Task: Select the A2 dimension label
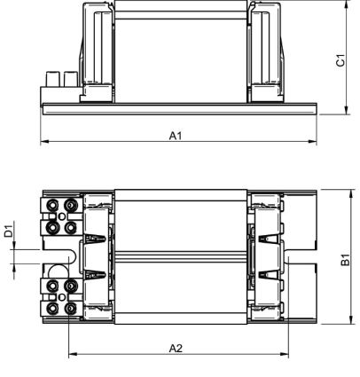176,348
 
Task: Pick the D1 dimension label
8,233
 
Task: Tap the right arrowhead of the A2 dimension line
286,355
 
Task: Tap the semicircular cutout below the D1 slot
57,271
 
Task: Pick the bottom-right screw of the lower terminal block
69,309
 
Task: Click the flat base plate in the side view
177,108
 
